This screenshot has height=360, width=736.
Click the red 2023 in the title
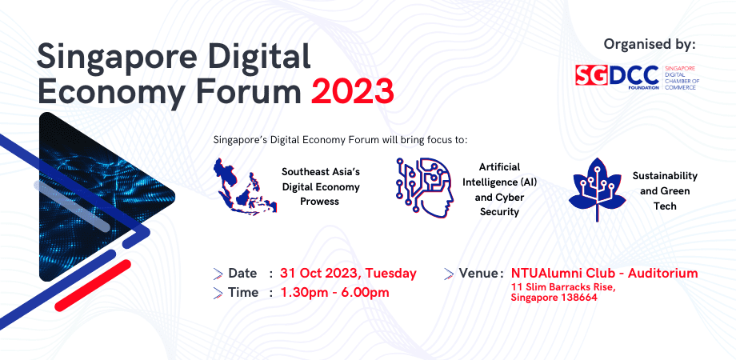[353, 91]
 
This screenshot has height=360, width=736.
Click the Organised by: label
[649, 45]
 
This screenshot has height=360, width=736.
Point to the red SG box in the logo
[592, 75]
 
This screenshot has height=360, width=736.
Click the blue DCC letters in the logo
[634, 74]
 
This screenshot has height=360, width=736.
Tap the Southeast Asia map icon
[245, 186]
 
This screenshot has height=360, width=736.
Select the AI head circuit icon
[425, 188]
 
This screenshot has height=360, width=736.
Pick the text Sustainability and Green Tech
[665, 191]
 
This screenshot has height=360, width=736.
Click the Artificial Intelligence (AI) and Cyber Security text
[499, 190]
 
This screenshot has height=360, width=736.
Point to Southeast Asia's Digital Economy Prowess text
[321, 187]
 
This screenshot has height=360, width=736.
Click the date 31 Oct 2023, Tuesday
[348, 273]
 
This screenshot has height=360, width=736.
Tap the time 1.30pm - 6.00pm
[334, 293]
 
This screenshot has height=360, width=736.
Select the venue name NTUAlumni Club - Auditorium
[605, 273]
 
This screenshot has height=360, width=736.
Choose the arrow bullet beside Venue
[449, 274]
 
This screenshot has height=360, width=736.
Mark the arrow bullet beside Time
[218, 293]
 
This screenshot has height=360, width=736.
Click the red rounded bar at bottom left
[93, 286]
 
